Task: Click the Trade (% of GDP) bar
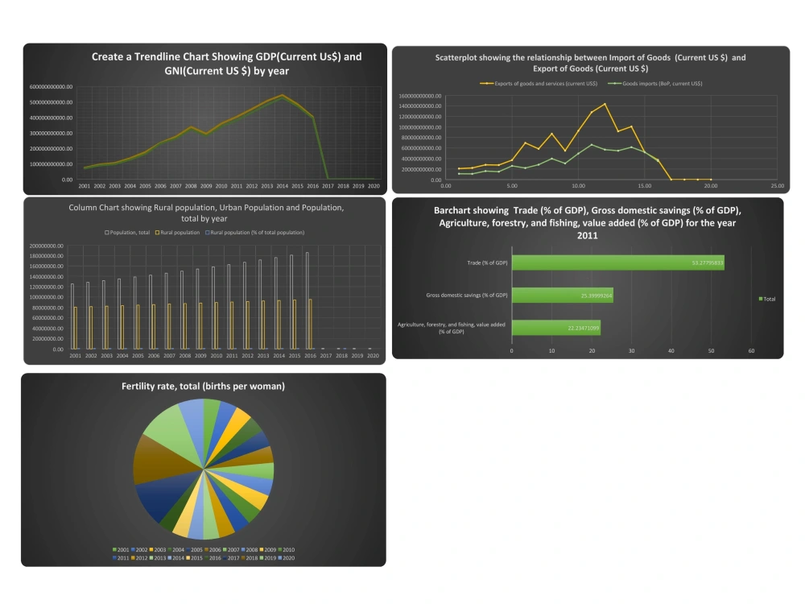[617, 263]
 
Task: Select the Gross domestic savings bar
[562, 296]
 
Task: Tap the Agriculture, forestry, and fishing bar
[555, 328]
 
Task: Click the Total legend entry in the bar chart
[767, 299]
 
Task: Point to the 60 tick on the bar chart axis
[751, 351]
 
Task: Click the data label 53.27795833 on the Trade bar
[708, 263]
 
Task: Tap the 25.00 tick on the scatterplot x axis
[778, 186]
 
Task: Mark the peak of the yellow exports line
[605, 104]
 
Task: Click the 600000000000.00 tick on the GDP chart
[52, 87]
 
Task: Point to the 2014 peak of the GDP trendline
[282, 95]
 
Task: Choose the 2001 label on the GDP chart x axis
[84, 186]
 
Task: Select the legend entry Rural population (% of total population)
[257, 233]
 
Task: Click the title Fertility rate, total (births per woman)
[203, 387]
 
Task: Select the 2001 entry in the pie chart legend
[122, 549]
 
